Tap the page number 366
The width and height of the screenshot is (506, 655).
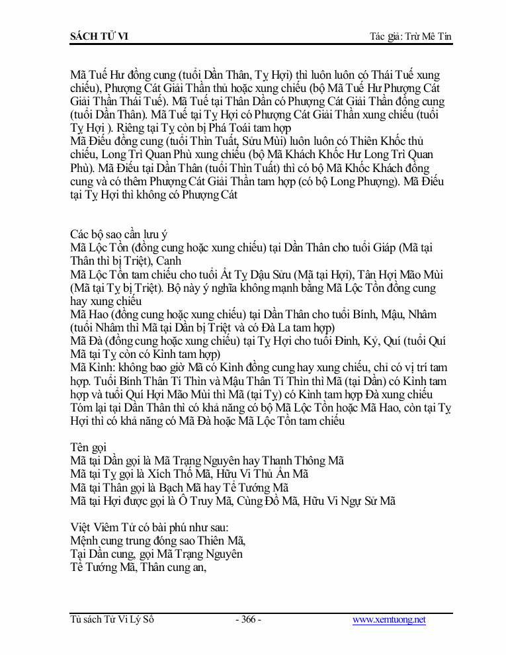249,620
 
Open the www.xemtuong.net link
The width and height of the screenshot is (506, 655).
389,620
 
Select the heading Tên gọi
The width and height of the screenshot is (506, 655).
90,447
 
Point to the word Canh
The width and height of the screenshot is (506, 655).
169,261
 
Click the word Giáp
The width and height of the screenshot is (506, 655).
386,247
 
